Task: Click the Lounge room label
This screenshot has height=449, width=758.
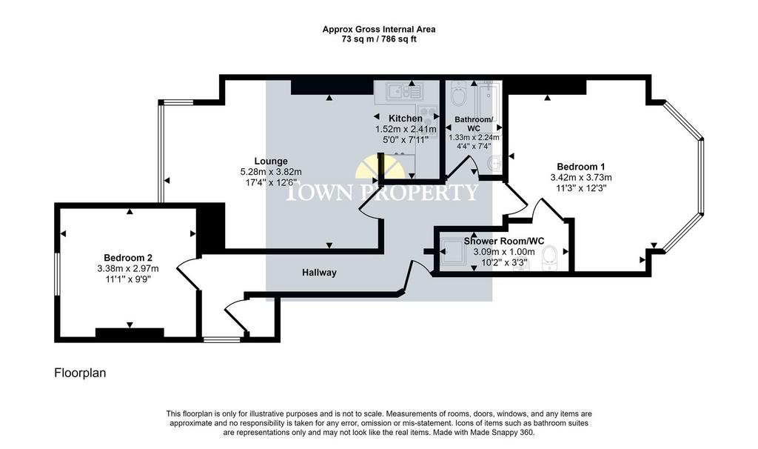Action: coord(271,161)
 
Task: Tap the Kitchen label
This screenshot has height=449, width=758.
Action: coord(405,119)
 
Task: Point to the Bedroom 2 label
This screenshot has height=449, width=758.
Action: coord(127,258)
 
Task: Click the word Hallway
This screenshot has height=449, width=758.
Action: coord(319,273)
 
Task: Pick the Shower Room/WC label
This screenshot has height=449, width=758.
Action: coord(503,241)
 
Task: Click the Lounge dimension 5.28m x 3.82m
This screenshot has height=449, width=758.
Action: coord(271,172)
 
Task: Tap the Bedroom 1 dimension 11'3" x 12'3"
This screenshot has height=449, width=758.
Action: coord(580,188)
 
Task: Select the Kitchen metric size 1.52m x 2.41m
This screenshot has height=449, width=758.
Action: coord(406,129)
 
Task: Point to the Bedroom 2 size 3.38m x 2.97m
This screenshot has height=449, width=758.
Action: coord(127,268)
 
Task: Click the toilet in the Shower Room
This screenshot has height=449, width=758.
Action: coord(550,257)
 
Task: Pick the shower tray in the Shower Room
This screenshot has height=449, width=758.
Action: coord(455,252)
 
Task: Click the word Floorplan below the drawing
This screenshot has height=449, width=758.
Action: coord(80,373)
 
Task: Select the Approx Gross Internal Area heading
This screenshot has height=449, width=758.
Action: coord(379,30)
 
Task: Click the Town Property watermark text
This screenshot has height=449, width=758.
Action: coord(382,192)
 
